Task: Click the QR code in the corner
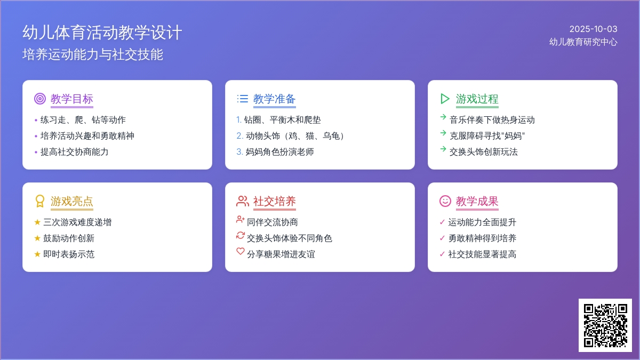point(605,325)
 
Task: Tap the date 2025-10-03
point(594,29)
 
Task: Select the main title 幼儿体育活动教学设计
point(102,33)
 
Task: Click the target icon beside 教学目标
point(40,99)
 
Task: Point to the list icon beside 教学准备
point(243,99)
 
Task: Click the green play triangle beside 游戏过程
point(445,99)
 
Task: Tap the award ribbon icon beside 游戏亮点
point(40,201)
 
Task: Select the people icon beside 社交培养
point(243,201)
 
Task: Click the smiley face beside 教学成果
point(445,201)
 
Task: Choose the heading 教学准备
point(274,99)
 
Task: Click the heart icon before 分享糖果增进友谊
point(241,251)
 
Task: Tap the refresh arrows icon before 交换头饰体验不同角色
point(241,235)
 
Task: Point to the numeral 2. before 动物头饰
point(239,135)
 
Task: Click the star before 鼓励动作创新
point(37,238)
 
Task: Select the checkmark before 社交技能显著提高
point(442,254)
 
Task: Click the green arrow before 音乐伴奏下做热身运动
point(443,117)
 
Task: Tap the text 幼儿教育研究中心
point(583,42)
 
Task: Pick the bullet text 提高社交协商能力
point(74,151)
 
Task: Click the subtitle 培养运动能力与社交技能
point(93,54)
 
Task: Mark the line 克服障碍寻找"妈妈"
point(487,135)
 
